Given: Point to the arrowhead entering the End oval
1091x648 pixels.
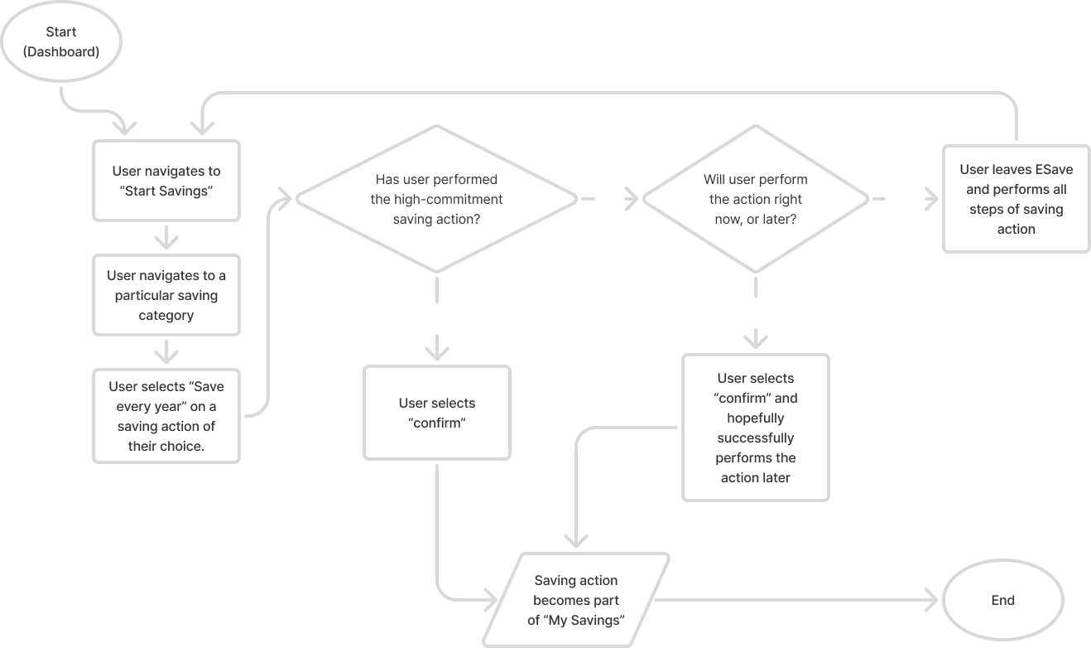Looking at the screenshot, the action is [x=932, y=600].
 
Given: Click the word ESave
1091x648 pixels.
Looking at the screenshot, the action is [x=1054, y=169].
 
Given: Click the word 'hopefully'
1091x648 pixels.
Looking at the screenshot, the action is [x=756, y=418].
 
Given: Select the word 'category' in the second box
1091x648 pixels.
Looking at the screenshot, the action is [x=166, y=316].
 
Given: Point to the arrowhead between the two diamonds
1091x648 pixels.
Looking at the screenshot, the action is [x=632, y=199].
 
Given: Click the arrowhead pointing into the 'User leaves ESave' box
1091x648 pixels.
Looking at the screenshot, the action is [x=931, y=199].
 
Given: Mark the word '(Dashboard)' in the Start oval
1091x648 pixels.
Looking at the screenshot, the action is [x=61, y=51].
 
